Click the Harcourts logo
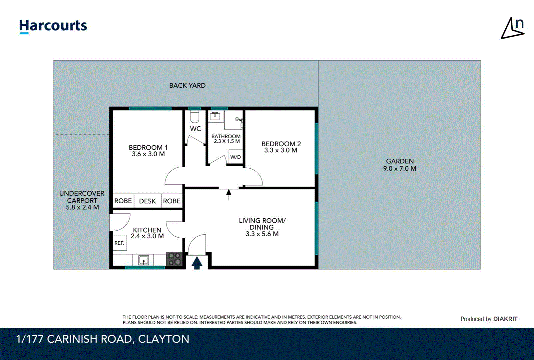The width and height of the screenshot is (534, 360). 53,26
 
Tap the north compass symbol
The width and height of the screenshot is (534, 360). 513,29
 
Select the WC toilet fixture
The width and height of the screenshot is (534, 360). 195,117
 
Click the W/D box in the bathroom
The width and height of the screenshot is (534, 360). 236,157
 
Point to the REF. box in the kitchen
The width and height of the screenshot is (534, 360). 119,243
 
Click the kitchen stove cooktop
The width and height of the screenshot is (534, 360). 174,259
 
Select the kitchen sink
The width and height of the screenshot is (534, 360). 144,260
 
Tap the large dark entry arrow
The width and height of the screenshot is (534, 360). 197,263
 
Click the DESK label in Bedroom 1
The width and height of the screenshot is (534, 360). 147,201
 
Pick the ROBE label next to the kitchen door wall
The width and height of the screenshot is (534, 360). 172,201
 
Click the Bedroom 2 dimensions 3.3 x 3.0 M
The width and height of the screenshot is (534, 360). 281,150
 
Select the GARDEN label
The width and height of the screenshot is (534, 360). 400,161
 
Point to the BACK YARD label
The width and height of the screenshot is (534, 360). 187,85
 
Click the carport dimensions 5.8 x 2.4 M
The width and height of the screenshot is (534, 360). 82,207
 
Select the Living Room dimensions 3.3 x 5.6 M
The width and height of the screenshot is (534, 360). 262,234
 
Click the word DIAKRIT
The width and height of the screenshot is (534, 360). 505,319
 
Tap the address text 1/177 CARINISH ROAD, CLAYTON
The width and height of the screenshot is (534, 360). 103,339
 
